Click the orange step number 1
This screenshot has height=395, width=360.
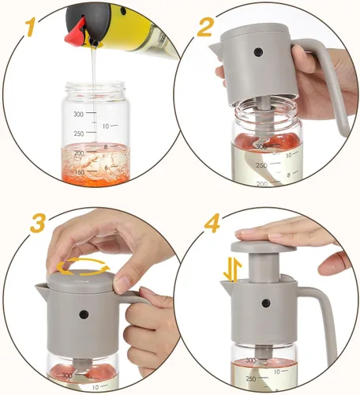tap(32, 27)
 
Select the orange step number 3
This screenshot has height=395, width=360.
tap(38, 223)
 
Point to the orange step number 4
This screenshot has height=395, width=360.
tap(212, 223)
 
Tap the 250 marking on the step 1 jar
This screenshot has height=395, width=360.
tap(79, 134)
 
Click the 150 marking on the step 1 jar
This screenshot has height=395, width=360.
tap(79, 172)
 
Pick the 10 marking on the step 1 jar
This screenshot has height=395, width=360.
tap(106, 126)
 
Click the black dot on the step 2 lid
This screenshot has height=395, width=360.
tap(258, 52)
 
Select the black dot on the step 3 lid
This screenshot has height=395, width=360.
tap(84, 314)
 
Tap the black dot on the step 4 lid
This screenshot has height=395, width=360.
tap(266, 303)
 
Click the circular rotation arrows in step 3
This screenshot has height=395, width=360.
tap(83, 266)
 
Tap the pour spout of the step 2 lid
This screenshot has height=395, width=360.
tap(216, 49)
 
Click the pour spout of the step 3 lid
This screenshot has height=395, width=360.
tap(42, 291)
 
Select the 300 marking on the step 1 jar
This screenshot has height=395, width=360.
tap(78, 115)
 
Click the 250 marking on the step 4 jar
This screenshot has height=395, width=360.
tap(251, 378)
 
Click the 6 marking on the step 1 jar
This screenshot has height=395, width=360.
tap(106, 167)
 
